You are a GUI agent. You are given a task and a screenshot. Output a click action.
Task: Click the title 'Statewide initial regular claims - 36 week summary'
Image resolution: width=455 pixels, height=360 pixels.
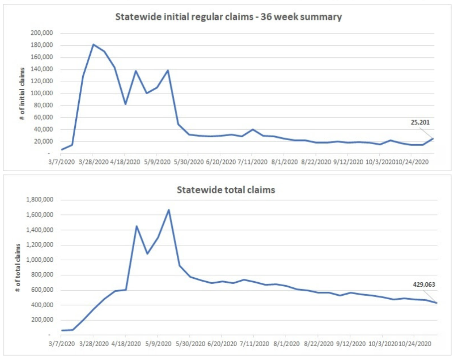228,17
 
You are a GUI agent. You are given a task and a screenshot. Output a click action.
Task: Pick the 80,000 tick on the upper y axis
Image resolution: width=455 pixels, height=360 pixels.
42,105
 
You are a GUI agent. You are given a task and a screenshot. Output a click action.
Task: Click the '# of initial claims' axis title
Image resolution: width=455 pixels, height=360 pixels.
22,93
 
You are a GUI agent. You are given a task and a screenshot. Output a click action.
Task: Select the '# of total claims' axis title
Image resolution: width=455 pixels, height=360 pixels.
18,267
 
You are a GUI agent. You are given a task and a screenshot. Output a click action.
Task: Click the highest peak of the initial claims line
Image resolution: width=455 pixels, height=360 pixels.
94,44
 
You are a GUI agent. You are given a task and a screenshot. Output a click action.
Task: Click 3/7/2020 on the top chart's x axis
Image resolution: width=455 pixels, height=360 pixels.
62,162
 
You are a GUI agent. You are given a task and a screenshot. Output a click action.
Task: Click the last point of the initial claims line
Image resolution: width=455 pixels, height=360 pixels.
433,138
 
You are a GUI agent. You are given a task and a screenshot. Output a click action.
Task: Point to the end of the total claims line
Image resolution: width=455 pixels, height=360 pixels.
437,303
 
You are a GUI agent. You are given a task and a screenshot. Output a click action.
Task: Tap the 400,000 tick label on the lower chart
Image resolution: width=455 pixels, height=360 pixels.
41,305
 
